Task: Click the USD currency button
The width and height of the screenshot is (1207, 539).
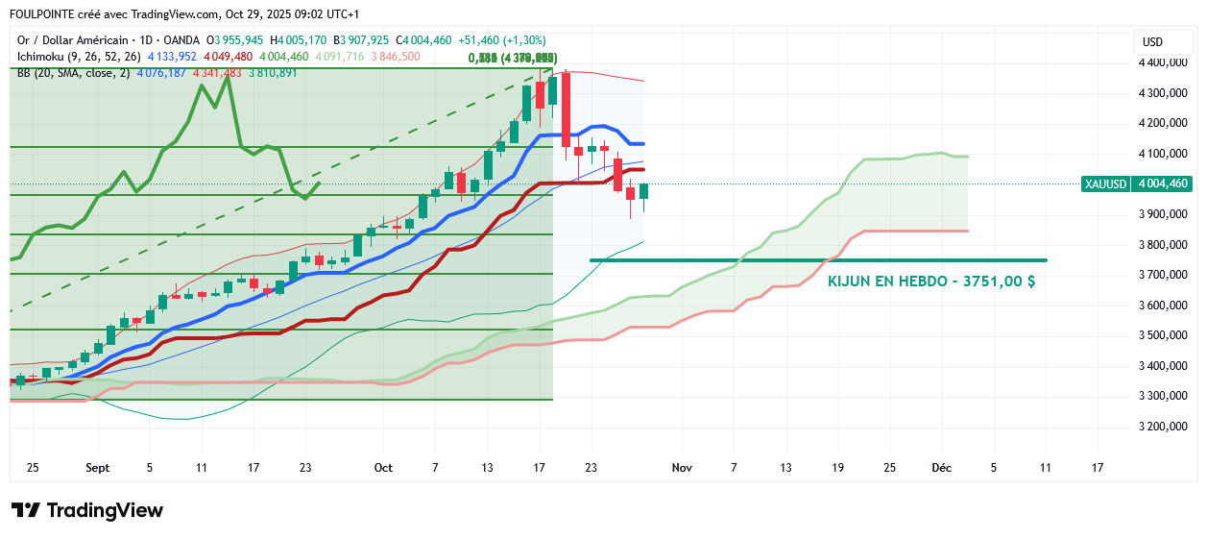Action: [x=1152, y=41]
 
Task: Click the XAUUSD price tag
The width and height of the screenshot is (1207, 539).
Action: [x=1103, y=184]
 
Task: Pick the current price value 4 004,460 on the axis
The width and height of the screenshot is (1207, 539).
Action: [x=1163, y=184]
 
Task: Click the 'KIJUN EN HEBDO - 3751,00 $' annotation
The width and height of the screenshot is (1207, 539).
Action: [x=930, y=282]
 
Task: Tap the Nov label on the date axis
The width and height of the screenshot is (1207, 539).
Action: [x=682, y=468]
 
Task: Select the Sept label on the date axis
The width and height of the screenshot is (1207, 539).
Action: [x=98, y=468]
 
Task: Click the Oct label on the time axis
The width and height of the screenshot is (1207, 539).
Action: [x=383, y=468]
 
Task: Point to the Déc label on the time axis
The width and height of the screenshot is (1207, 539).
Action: [x=941, y=468]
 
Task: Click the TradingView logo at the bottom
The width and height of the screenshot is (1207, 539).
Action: [x=87, y=510]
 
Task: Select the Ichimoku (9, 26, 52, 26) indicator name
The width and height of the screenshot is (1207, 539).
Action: [x=78, y=57]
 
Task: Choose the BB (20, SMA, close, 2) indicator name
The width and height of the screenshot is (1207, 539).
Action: [x=73, y=73]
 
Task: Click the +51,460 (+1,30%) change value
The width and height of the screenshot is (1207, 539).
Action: [x=503, y=40]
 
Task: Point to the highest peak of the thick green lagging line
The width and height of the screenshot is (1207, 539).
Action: [x=227, y=77]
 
